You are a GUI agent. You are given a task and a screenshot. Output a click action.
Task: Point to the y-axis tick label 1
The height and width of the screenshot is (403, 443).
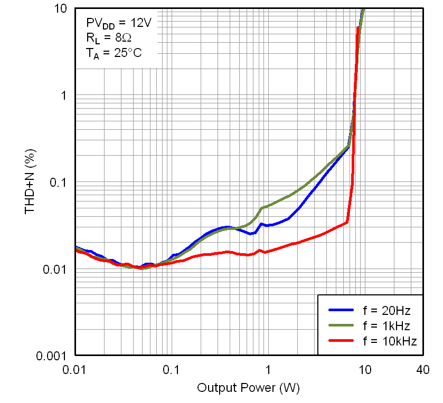point(64,95)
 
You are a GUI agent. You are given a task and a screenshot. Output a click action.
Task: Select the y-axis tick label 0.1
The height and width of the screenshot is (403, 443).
point(59,183)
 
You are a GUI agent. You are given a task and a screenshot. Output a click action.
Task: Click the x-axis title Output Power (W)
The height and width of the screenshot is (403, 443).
point(248,388)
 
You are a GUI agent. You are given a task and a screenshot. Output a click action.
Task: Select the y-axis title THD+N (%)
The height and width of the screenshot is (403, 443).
point(30,183)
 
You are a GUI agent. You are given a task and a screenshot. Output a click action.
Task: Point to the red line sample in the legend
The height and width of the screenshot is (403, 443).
point(341,341)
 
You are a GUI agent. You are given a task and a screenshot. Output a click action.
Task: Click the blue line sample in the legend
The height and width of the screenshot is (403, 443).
point(341,310)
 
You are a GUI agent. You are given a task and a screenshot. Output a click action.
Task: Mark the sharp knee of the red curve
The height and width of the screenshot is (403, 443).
point(347,222)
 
